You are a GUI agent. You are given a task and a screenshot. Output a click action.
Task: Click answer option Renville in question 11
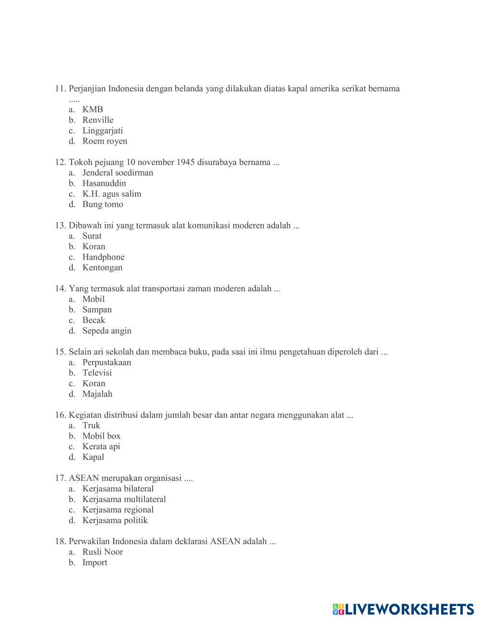[98, 120]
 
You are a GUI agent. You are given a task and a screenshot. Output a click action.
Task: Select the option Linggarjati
[103, 131]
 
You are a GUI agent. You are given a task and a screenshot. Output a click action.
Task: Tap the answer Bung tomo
[103, 204]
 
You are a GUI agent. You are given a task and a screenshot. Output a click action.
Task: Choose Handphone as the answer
[103, 257]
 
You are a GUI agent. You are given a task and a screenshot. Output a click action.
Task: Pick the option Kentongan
[102, 268]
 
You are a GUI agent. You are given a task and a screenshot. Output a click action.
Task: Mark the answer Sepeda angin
[107, 331]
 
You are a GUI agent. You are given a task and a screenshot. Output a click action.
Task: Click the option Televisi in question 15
[97, 373]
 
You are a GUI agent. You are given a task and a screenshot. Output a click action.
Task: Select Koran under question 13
[94, 247]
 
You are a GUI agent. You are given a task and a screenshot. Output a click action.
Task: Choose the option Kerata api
[101, 446]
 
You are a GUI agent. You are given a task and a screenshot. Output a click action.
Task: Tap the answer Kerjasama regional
[118, 510]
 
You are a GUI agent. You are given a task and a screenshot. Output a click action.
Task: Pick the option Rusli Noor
[103, 552]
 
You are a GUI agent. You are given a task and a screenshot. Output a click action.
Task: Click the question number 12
[60, 162]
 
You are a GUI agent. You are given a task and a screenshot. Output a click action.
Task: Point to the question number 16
[60, 415]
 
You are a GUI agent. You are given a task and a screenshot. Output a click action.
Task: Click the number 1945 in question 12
[185, 162]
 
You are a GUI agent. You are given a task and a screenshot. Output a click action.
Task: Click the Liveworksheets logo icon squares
[338, 609]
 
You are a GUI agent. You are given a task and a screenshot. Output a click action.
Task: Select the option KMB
[93, 109]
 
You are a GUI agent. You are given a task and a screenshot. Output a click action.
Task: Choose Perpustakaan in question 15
[107, 362]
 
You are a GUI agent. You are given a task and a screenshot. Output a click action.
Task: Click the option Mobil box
[101, 436]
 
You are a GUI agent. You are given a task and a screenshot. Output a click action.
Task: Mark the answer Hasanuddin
[104, 183]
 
